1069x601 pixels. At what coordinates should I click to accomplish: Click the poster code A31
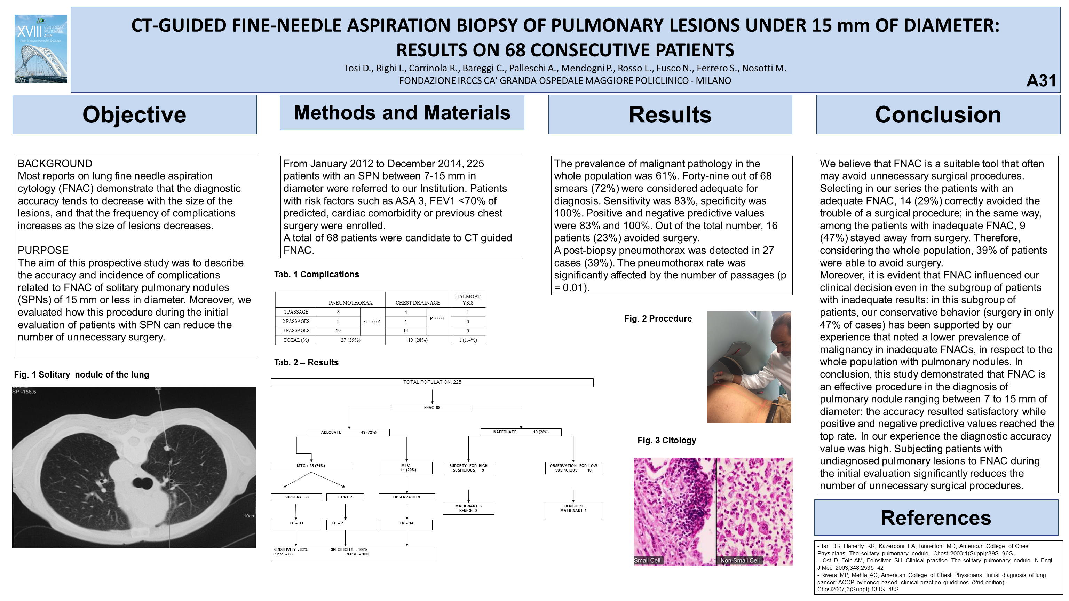(x=1041, y=80)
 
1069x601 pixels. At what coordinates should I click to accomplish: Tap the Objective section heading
(x=134, y=114)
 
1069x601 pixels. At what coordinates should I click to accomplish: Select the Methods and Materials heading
(x=402, y=112)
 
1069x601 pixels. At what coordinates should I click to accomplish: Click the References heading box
(x=936, y=517)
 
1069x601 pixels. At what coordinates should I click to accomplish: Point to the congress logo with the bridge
(x=41, y=49)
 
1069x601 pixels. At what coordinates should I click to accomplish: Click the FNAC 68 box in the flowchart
(x=432, y=408)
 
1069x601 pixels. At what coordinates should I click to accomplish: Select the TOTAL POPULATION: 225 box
(x=432, y=382)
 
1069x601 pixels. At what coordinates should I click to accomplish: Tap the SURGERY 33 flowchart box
(x=296, y=497)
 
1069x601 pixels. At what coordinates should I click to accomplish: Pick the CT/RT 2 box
(x=345, y=497)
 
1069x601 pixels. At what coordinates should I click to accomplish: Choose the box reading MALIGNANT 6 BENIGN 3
(x=468, y=508)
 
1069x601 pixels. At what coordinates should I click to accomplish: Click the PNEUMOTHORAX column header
(x=351, y=302)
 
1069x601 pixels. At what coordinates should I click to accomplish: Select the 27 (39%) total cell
(x=351, y=340)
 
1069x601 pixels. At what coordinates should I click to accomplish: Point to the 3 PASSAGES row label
(x=296, y=330)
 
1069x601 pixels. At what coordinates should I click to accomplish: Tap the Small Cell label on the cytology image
(x=647, y=560)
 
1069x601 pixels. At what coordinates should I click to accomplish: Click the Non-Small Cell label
(x=740, y=560)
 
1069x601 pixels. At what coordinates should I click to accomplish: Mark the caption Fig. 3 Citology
(x=666, y=440)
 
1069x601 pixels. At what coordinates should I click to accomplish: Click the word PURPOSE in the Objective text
(x=43, y=250)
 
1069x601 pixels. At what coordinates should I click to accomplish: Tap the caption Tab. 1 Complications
(x=317, y=274)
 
